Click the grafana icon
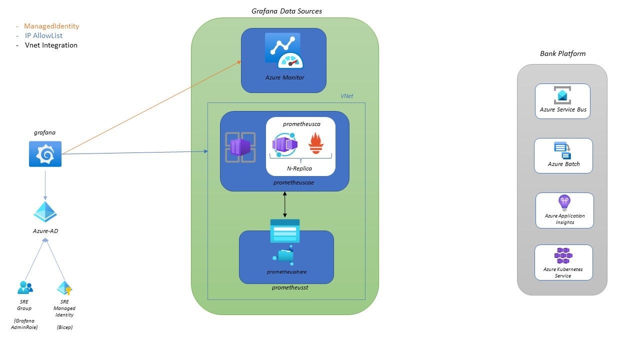pyautogui.click(x=45, y=154)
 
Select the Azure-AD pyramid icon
pyautogui.click(x=45, y=212)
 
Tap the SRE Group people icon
pyautogui.click(x=25, y=287)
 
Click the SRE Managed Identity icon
pyautogui.click(x=64, y=288)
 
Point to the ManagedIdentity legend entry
pyautogui.click(x=51, y=26)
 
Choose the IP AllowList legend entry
pyautogui.click(x=43, y=35)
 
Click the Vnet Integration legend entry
pyautogui.click(x=51, y=45)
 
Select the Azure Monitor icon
pyautogui.click(x=284, y=51)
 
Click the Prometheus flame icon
pyautogui.click(x=316, y=143)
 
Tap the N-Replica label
pyautogui.click(x=300, y=168)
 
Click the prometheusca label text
pyautogui.click(x=301, y=123)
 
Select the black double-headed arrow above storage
pyautogui.click(x=285, y=204)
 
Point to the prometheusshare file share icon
pyautogui.click(x=285, y=254)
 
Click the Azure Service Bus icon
pyautogui.click(x=562, y=95)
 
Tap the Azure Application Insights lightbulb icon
pyautogui.click(x=564, y=202)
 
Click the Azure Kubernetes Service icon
pyautogui.click(x=562, y=255)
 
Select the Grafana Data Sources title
pyautogui.click(x=286, y=11)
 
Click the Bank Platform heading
pyautogui.click(x=562, y=53)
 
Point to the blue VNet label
pyautogui.click(x=347, y=95)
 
